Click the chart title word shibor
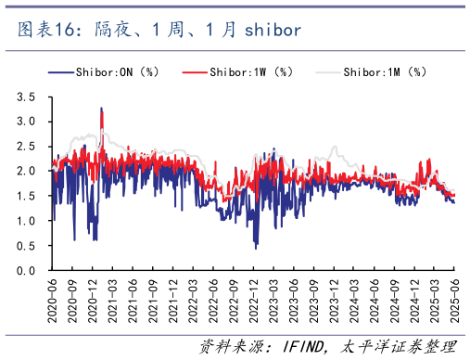pos(273,30)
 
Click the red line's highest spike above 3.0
pos(101,109)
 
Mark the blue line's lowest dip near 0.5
pos(256,247)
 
